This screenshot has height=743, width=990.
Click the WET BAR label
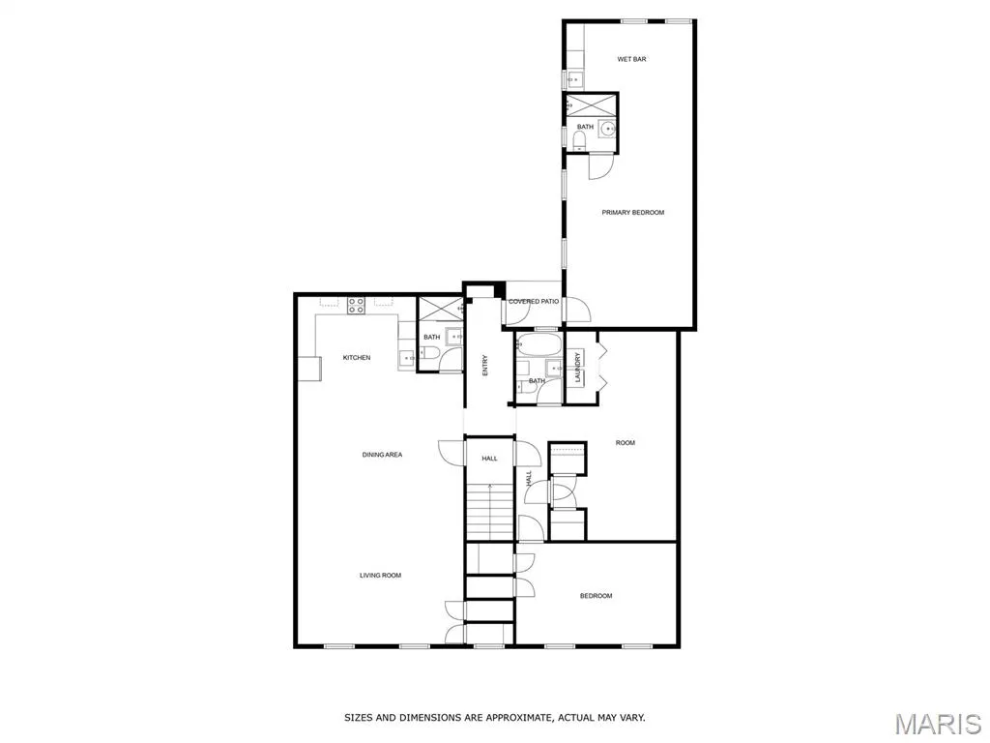pos(631,59)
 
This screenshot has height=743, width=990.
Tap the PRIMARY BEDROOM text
pos(632,213)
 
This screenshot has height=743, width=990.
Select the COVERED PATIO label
pos(534,302)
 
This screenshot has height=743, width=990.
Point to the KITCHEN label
pos(357,358)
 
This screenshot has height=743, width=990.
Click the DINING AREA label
pos(382,455)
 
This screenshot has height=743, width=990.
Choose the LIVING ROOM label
pos(380,576)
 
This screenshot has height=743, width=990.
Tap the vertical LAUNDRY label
pos(577,368)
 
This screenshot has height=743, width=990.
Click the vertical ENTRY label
pos(485,366)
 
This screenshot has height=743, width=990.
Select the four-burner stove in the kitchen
pos(356,306)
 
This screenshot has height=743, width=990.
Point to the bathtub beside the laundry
pos(538,345)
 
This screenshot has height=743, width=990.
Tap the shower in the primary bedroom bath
pos(590,104)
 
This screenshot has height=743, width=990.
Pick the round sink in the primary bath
pos(608,129)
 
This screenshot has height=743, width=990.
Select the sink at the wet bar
pos(574,80)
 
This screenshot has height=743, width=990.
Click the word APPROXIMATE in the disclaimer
pos(514,718)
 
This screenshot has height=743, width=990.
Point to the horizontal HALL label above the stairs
pos(490,459)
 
